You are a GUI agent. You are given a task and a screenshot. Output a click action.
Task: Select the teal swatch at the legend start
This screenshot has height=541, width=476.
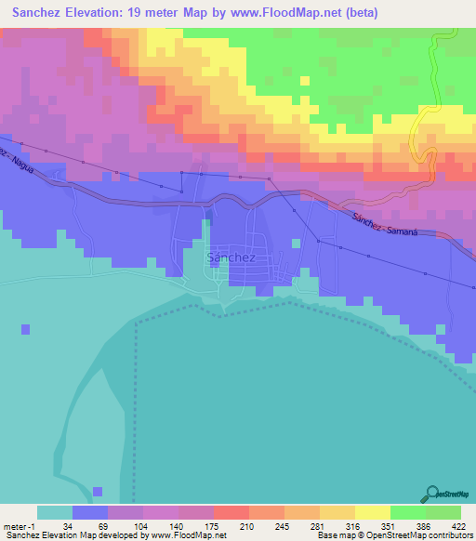tap(55, 512)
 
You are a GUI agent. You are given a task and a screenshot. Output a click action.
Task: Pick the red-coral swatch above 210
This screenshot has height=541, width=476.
tap(231, 512)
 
